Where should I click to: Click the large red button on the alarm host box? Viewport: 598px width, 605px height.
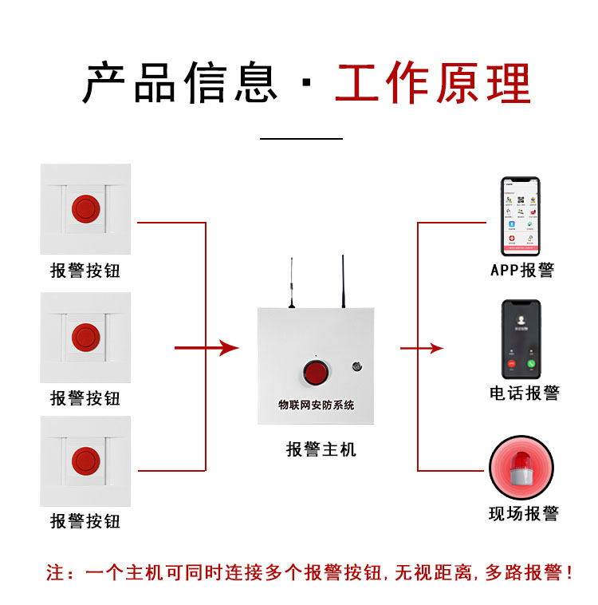[314, 373]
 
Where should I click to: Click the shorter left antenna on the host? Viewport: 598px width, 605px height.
[291, 283]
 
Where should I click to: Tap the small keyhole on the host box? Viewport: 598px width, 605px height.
[355, 367]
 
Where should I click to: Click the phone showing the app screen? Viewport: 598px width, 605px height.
[521, 213]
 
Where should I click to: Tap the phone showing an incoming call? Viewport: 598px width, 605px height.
[521, 339]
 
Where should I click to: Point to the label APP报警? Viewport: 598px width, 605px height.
[521, 270]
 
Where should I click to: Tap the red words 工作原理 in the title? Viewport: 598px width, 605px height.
[432, 83]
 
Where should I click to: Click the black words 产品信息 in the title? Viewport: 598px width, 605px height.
[181, 83]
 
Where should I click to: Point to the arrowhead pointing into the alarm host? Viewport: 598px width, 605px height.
[230, 348]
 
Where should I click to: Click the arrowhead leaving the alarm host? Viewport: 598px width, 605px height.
[436, 348]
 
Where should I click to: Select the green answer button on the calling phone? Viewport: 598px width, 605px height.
[531, 364]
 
